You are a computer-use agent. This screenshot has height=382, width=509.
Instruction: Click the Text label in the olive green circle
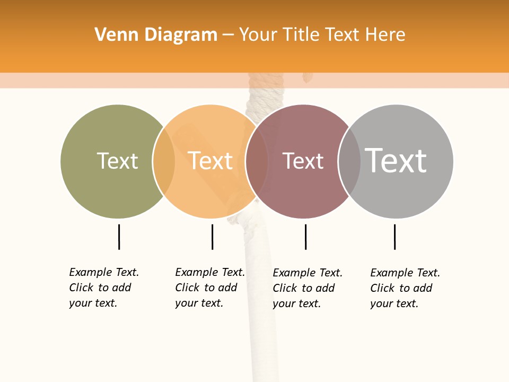[x=117, y=161]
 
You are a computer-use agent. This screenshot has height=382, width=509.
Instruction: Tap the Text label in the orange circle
[x=210, y=161]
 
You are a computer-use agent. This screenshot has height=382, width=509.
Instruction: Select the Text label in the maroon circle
[x=303, y=161]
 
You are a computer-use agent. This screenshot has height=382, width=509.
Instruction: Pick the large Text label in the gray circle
[x=396, y=160]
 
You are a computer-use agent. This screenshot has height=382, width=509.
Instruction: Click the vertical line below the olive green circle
[x=119, y=237]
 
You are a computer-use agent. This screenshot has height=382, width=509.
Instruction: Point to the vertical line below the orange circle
[x=212, y=237]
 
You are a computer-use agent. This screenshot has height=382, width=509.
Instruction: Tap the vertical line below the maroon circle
[x=305, y=237]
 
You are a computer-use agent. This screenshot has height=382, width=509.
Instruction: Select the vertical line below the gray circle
[x=394, y=237]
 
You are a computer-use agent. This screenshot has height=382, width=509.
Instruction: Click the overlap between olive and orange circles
[x=164, y=161]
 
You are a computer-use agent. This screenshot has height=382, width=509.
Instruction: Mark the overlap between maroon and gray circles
[x=349, y=161]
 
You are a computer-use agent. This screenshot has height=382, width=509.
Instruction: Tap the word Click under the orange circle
[x=187, y=288]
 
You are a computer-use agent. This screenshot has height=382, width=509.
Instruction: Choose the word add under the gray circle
[x=423, y=288]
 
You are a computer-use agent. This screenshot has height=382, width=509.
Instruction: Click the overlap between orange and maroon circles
[x=257, y=161]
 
